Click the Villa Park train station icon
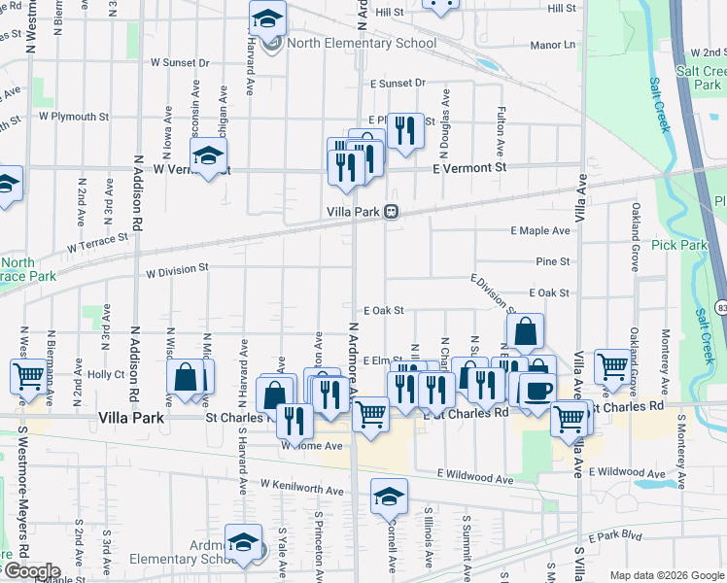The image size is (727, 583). pyautogui.click(x=391, y=212)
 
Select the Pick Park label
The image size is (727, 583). pyautogui.click(x=679, y=245)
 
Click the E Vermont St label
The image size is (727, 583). pyautogui.click(x=469, y=168)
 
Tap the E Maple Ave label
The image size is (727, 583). pyautogui.click(x=540, y=231)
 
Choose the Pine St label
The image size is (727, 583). pyautogui.click(x=552, y=261)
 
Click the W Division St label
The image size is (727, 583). pyautogui.click(x=177, y=266)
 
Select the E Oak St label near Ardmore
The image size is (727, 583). pyautogui.click(x=383, y=310)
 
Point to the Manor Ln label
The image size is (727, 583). pyautogui.click(x=553, y=46)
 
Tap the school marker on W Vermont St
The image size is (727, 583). pyautogui.click(x=207, y=155)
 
